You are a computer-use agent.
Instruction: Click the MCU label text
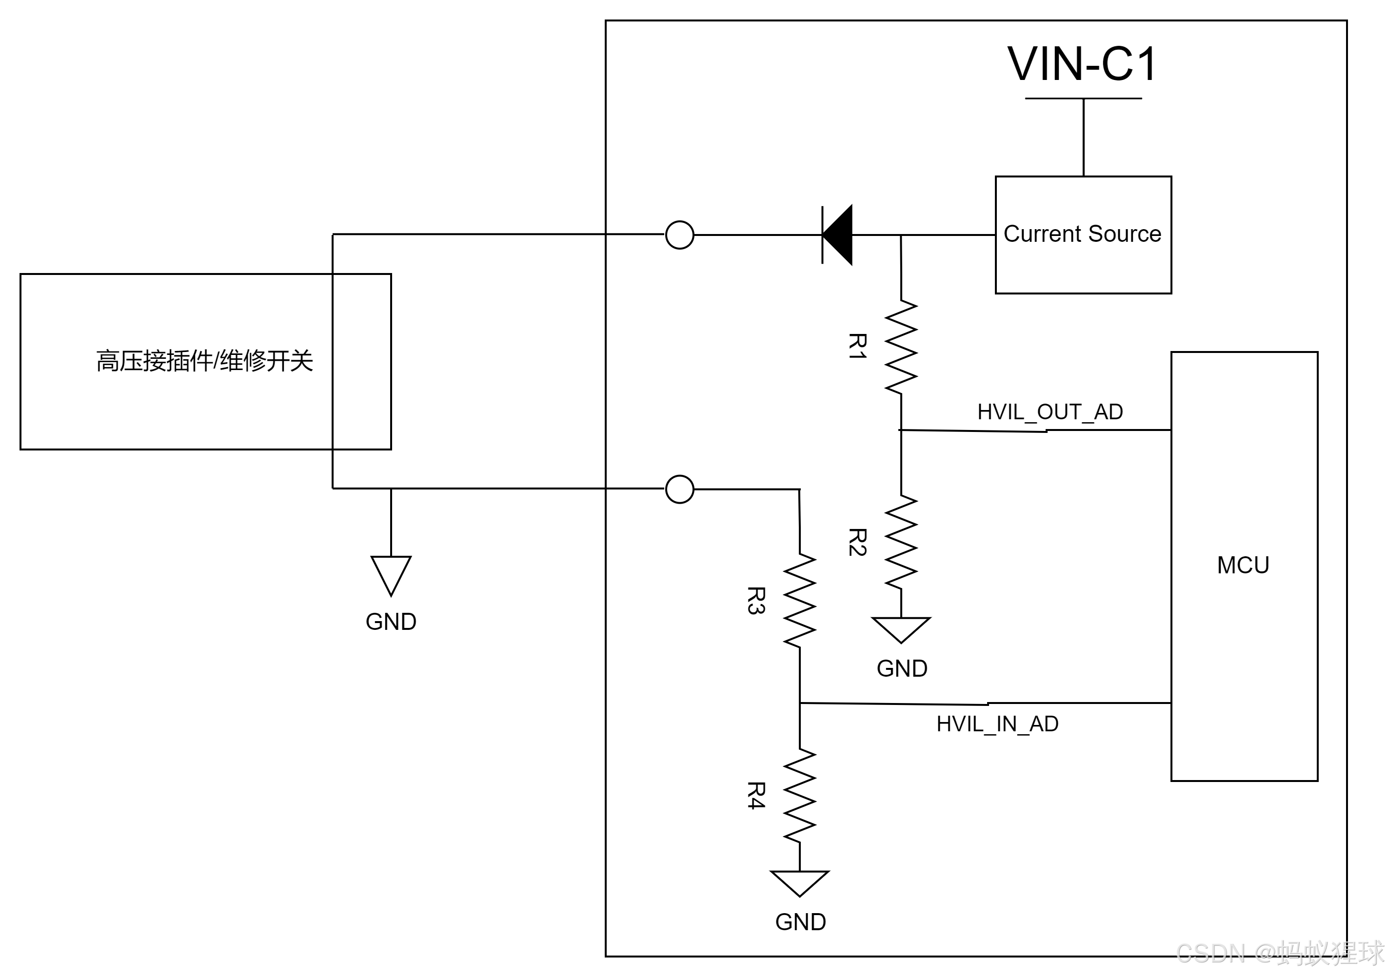[x=1243, y=565]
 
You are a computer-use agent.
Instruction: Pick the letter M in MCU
[x=1227, y=565]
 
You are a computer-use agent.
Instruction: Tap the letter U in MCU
[x=1261, y=565]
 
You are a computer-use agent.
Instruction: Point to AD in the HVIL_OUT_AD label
[x=1109, y=412]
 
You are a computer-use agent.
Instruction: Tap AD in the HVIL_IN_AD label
[x=1045, y=723]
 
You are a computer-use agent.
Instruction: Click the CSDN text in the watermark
[x=1210, y=952]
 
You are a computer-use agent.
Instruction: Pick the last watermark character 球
[x=1370, y=952]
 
